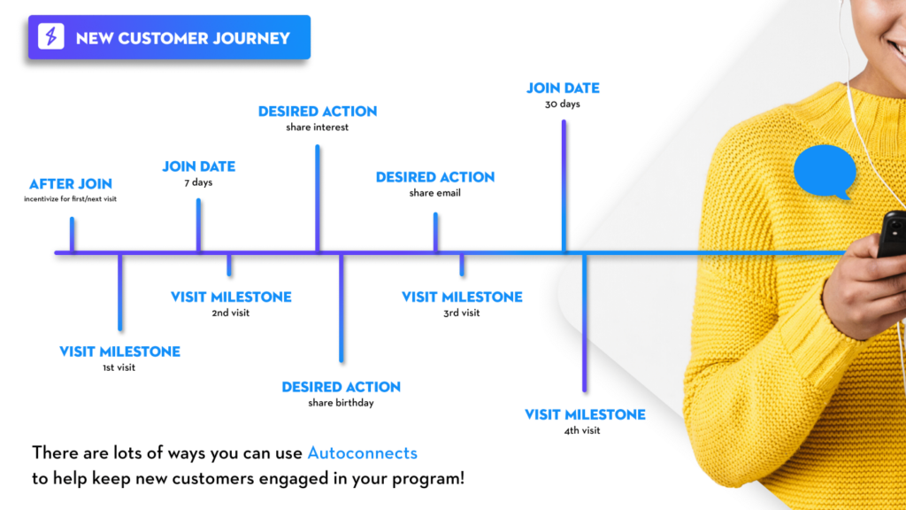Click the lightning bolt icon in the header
tap(50, 36)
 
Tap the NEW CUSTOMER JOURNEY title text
tap(182, 38)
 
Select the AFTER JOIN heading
tap(71, 184)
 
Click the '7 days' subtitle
tap(198, 182)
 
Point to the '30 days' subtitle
tap(562, 104)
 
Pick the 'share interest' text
tap(318, 127)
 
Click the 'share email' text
tap(435, 193)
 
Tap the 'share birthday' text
tap(341, 403)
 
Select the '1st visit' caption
tap(119, 367)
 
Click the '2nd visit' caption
tap(231, 313)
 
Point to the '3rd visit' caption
tap(462, 313)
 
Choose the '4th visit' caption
tap(582, 431)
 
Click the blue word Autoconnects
tap(362, 452)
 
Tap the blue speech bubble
tap(825, 172)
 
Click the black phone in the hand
tap(892, 233)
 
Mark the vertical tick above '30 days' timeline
tap(564, 186)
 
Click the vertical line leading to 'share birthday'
tap(342, 307)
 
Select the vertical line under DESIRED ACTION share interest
tap(318, 198)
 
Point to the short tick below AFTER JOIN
tap(73, 235)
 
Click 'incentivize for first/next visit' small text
tap(70, 199)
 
